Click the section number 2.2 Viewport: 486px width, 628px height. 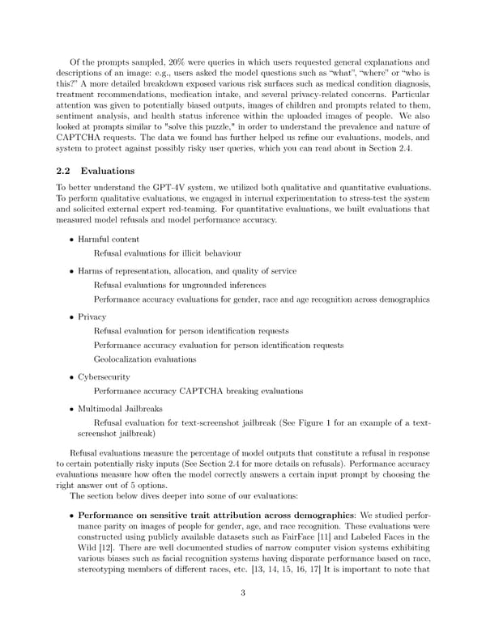tap(65, 172)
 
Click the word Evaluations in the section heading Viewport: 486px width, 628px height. tap(107, 172)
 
